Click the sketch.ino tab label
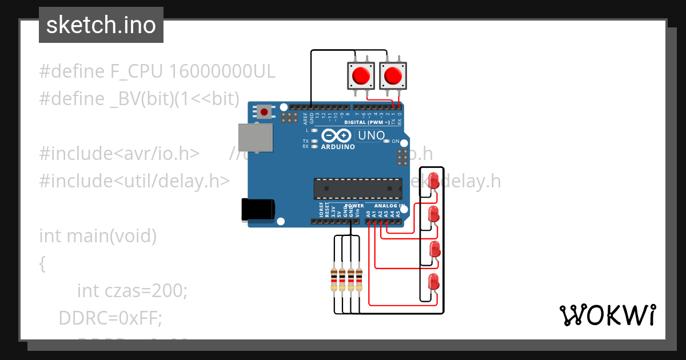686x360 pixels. (101, 25)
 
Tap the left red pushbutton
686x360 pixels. (361, 75)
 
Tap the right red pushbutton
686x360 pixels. (393, 75)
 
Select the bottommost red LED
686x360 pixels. (433, 282)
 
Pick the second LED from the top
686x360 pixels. (433, 214)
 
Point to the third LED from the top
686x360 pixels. (434, 249)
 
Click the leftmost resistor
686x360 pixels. (334, 279)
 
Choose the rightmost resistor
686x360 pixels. (359, 279)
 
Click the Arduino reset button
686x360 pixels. (264, 111)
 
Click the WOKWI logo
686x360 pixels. (607, 315)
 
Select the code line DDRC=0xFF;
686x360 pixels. (110, 318)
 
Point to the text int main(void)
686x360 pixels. (98, 235)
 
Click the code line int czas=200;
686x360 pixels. (132, 291)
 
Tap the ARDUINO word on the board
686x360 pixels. (337, 147)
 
